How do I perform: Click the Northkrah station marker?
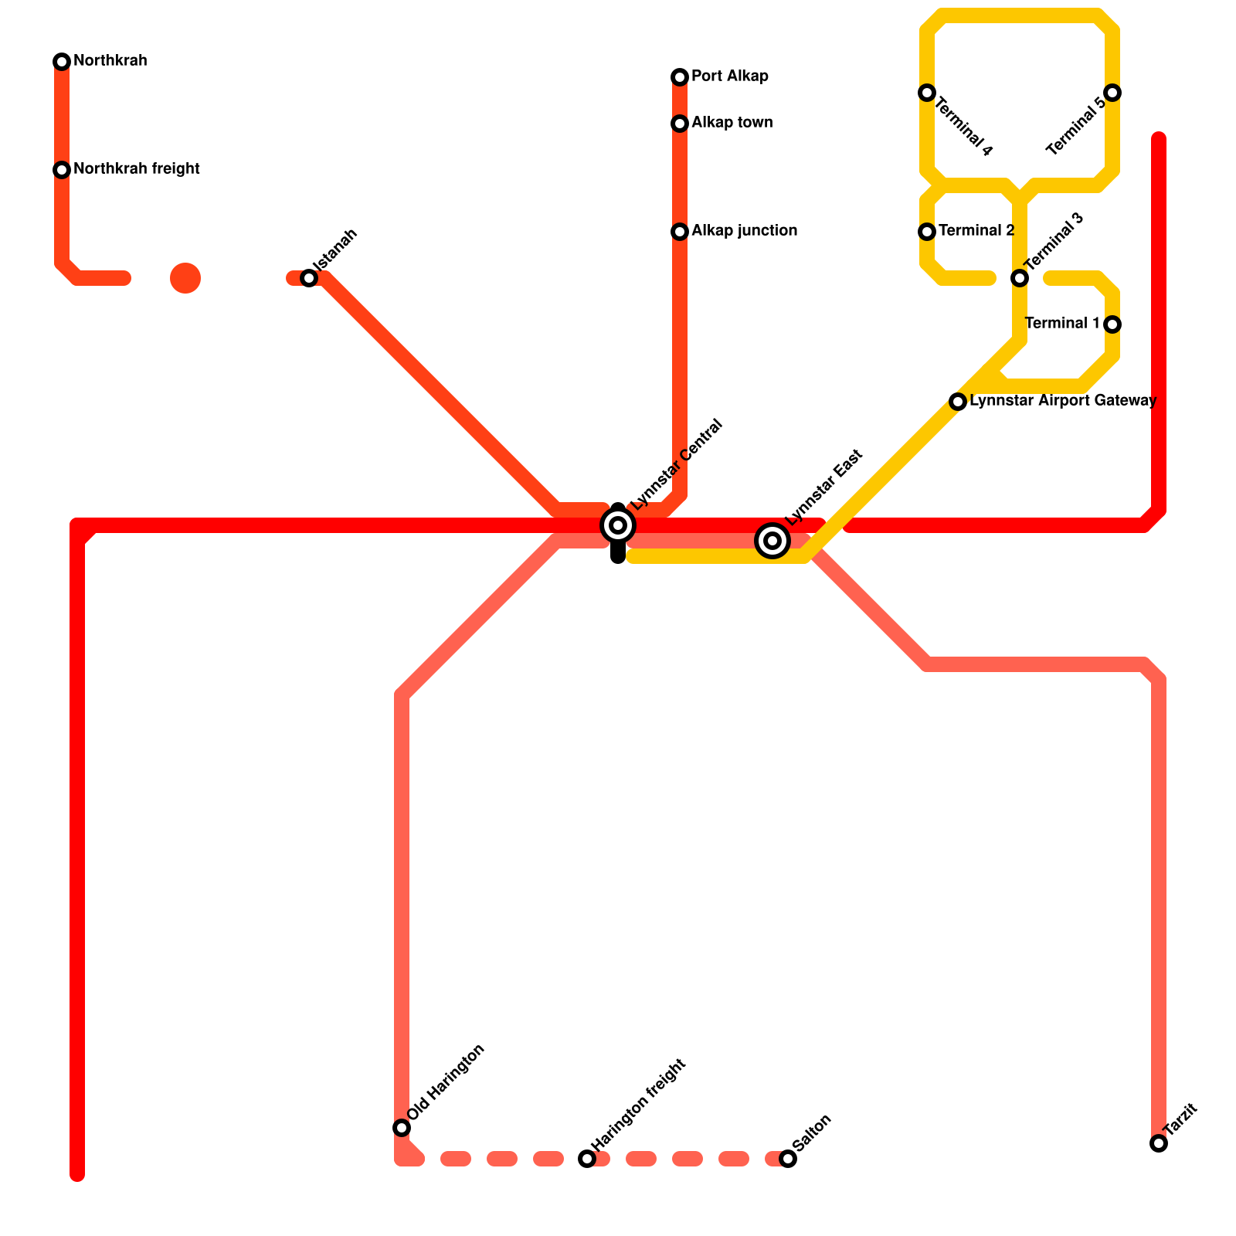point(62,62)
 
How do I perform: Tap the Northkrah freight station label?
point(137,169)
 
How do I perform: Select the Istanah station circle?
point(309,278)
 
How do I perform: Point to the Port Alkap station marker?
point(680,77)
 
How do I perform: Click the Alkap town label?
point(732,123)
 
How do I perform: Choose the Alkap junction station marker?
point(680,232)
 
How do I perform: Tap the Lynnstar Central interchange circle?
point(618,525)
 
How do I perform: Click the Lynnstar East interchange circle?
point(772,540)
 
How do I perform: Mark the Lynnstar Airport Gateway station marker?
point(958,402)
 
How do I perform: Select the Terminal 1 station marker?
point(1112,324)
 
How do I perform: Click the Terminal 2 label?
point(976,231)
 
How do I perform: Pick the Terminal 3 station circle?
point(1020,278)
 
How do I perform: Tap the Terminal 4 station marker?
point(927,93)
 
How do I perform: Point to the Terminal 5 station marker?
point(1112,93)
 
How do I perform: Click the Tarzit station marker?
point(1159,1143)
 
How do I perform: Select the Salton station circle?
point(788,1159)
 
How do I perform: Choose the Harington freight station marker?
point(587,1159)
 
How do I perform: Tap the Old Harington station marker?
point(402,1128)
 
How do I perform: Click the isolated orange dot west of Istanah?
point(185,278)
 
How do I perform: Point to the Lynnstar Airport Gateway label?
point(1062,401)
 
